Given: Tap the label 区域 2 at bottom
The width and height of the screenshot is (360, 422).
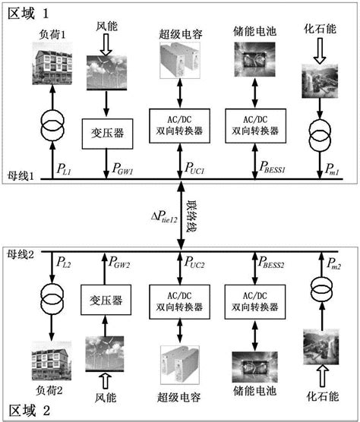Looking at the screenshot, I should tap(28, 411).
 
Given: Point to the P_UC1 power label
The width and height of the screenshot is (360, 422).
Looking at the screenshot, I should tap(199, 165).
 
